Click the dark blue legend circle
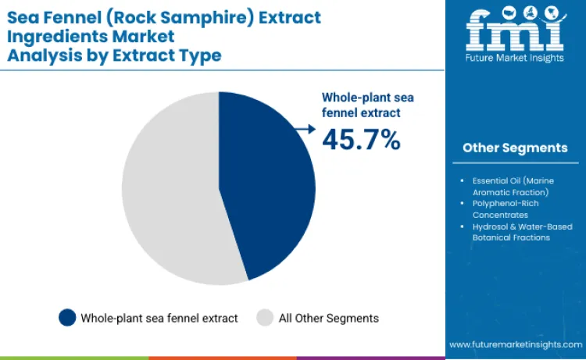[68, 318]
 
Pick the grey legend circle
[265, 318]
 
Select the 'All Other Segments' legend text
[328, 318]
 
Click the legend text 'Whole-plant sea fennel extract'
[159, 318]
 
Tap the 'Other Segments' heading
[515, 148]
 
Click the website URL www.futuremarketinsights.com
[515, 344]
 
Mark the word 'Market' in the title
[145, 36]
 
